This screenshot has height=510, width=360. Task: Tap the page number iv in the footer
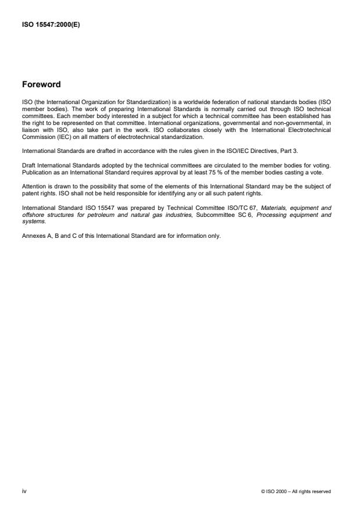pos(24,491)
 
